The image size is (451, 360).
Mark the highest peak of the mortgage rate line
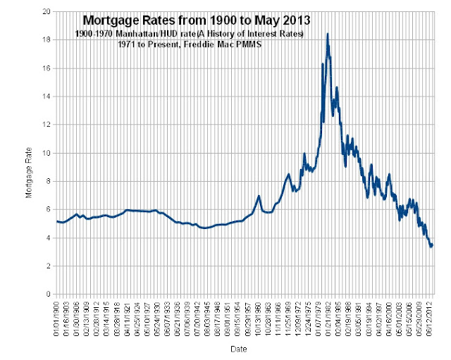pyautogui.click(x=328, y=34)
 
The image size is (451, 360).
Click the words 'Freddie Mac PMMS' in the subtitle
pyautogui.click(x=214, y=44)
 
